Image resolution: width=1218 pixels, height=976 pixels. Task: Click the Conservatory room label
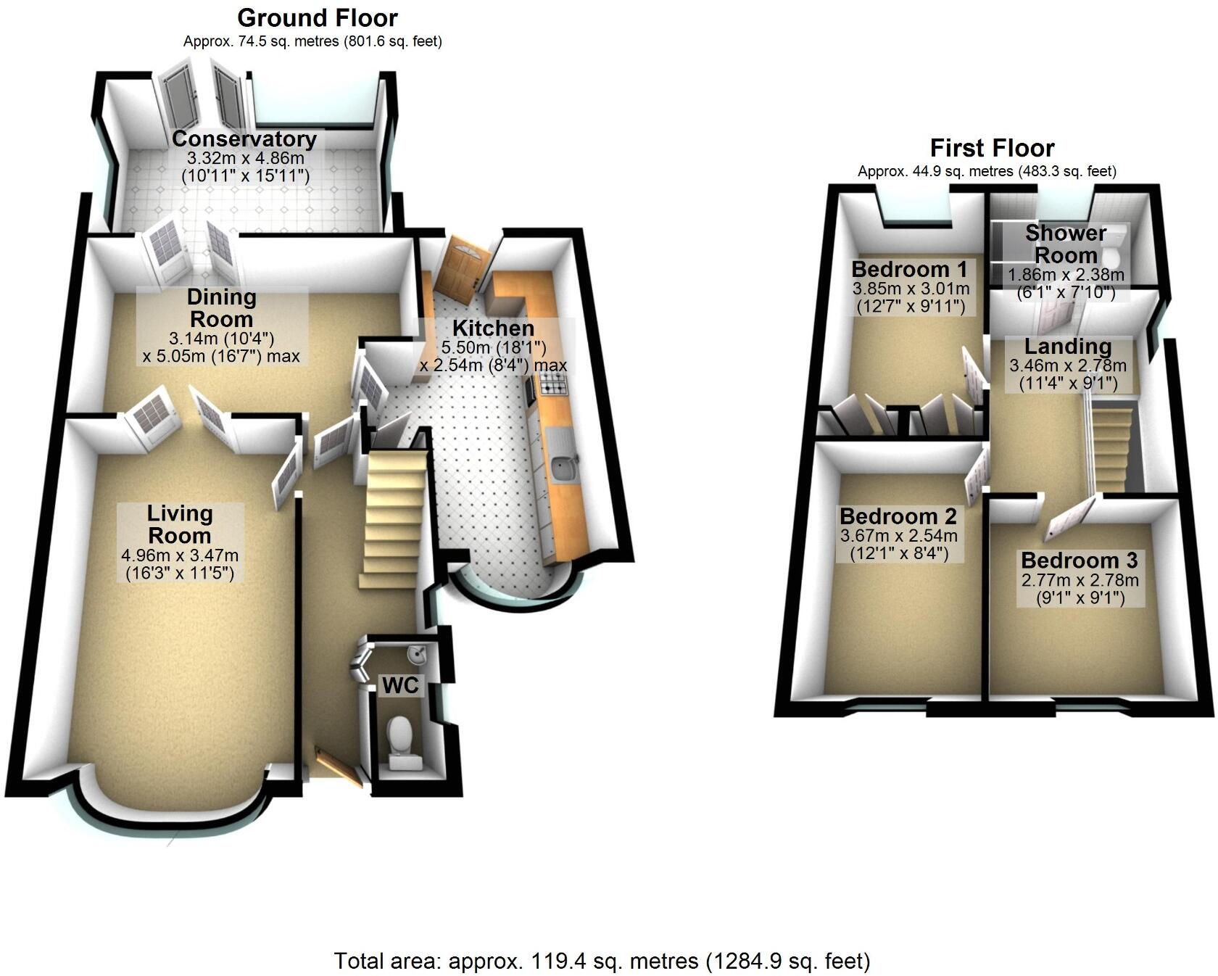[244, 138]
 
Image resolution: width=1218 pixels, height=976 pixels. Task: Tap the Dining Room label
[221, 307]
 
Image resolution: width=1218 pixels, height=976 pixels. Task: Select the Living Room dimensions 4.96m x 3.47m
[180, 555]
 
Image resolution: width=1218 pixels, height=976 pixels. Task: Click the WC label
[401, 685]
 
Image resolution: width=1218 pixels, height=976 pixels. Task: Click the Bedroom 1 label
[910, 269]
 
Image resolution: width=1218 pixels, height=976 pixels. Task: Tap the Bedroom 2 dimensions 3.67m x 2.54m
[899, 537]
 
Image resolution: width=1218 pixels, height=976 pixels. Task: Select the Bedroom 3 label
[1080, 561]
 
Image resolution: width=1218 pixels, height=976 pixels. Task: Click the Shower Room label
[1066, 244]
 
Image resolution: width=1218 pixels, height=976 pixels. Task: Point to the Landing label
[1068, 346]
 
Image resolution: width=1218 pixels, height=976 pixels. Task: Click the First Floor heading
[992, 148]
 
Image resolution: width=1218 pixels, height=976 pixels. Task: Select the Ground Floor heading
[318, 17]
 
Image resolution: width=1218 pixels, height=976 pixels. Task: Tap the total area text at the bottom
[602, 961]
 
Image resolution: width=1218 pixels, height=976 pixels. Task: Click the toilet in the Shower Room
[1113, 244]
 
